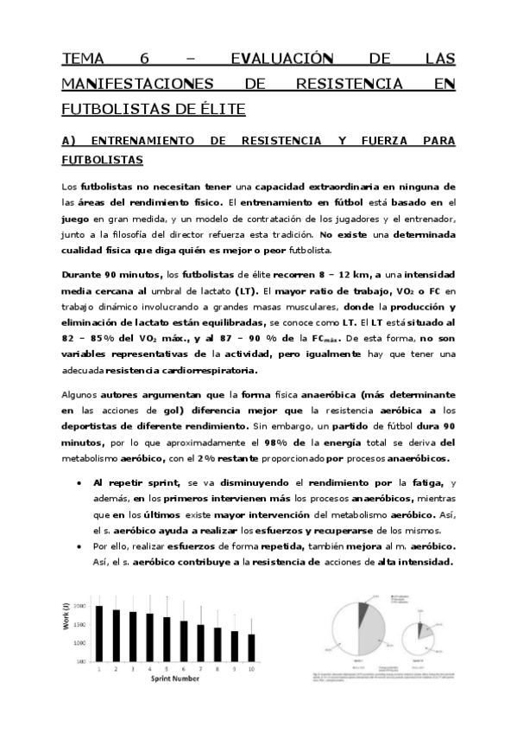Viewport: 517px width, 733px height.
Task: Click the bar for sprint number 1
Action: pos(99,634)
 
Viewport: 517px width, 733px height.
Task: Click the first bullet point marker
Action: pos(79,482)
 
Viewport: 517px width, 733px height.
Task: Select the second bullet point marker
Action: pos(79,547)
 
